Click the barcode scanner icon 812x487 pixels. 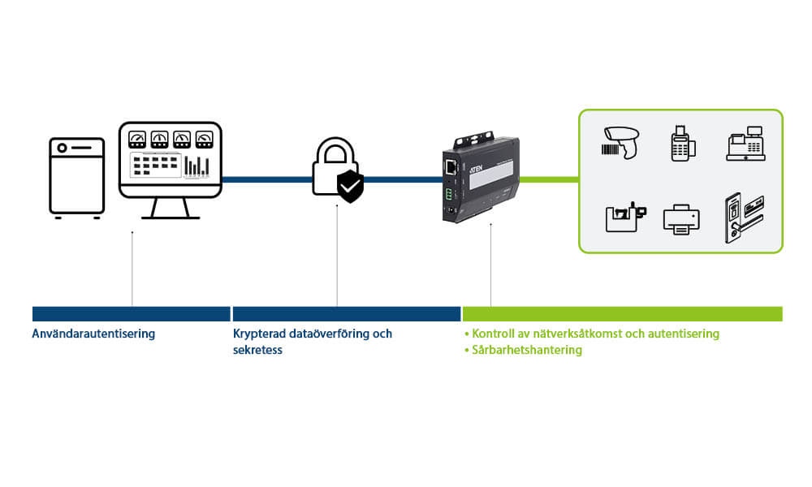(x=622, y=141)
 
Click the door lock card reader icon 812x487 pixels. (x=742, y=218)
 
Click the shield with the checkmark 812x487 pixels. (x=351, y=187)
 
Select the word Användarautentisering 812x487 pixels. (x=93, y=334)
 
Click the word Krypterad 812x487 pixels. (x=259, y=334)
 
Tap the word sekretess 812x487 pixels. (x=257, y=350)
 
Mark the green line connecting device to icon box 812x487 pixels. (x=549, y=179)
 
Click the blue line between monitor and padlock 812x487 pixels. (x=266, y=179)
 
